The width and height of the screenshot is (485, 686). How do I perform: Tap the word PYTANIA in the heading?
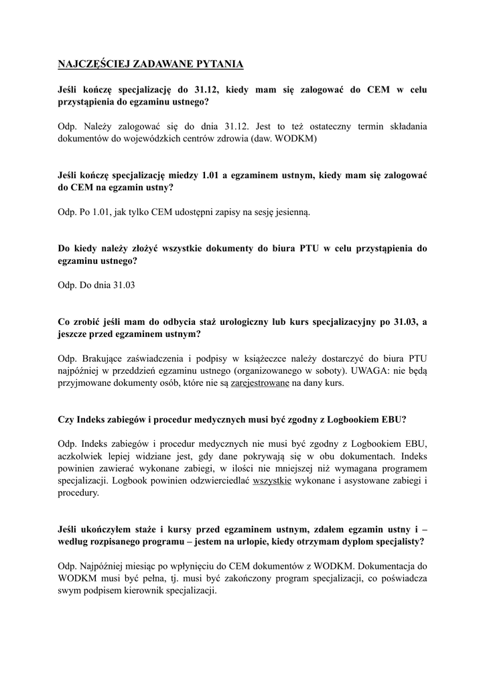pyautogui.click(x=219, y=64)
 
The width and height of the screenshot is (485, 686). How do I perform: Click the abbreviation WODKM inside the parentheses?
pyautogui.click(x=293, y=139)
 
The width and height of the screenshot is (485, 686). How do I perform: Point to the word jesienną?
pyautogui.click(x=289, y=212)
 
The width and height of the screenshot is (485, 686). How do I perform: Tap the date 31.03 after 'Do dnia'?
pyautogui.click(x=124, y=285)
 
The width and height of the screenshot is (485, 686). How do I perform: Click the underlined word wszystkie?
pyautogui.click(x=272, y=480)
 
